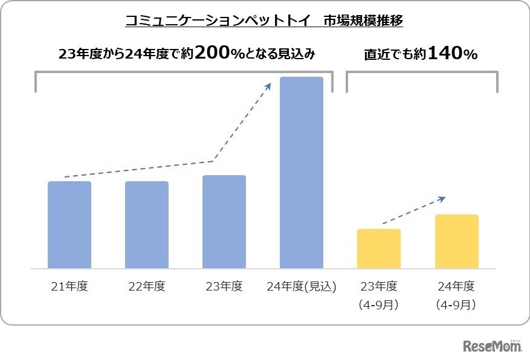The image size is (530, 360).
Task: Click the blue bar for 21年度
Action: [69, 225]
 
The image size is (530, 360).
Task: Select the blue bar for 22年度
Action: [147, 225]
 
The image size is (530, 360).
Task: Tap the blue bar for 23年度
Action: [224, 222]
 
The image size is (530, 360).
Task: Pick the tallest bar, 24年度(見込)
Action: [302, 172]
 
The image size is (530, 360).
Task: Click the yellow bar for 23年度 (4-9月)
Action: [379, 248]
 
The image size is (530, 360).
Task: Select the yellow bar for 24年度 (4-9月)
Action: [457, 241]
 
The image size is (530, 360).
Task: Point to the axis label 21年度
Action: [69, 286]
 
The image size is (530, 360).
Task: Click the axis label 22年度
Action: [147, 286]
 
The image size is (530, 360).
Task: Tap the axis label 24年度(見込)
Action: [302, 286]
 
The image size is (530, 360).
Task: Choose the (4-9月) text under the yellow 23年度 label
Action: [379, 305]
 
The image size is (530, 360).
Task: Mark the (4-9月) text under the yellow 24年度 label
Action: [457, 305]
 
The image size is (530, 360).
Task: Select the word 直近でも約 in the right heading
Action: [395, 54]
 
